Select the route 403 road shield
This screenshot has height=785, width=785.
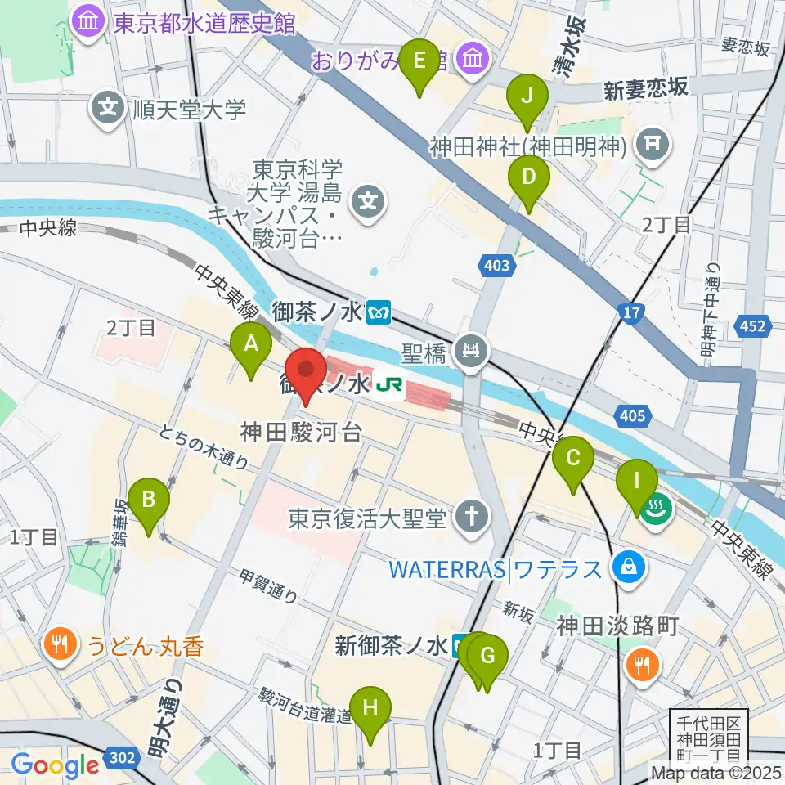(x=496, y=265)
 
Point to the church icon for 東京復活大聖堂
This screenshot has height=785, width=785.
(x=472, y=516)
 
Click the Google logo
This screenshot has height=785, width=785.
(x=56, y=765)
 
